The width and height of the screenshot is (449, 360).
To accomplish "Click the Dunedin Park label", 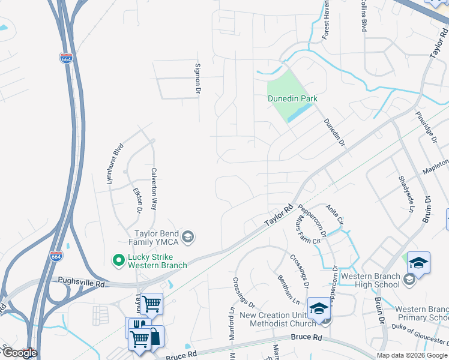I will click(x=292, y=98).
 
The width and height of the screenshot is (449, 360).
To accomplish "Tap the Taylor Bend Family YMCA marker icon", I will click(x=187, y=237).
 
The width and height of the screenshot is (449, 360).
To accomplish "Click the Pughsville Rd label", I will click(x=82, y=281).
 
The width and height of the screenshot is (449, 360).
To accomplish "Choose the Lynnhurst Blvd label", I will click(x=115, y=163).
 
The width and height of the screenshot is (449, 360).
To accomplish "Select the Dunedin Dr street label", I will click(x=335, y=132).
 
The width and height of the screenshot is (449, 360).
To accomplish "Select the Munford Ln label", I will click(x=232, y=324).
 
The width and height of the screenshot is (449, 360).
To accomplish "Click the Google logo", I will click(x=19, y=353).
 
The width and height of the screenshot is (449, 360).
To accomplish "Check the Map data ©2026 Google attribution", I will click(x=412, y=355).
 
